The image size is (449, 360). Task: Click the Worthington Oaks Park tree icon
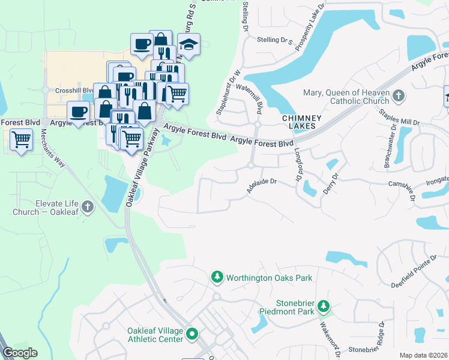click(x=217, y=278)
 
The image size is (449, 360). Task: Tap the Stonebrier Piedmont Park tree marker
click(x=324, y=307)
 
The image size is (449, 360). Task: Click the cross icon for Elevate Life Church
click(x=88, y=208)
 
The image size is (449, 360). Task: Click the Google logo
click(x=19, y=353)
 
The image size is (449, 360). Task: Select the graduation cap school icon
click(x=189, y=44)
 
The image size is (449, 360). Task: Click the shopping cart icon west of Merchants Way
click(x=22, y=139)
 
